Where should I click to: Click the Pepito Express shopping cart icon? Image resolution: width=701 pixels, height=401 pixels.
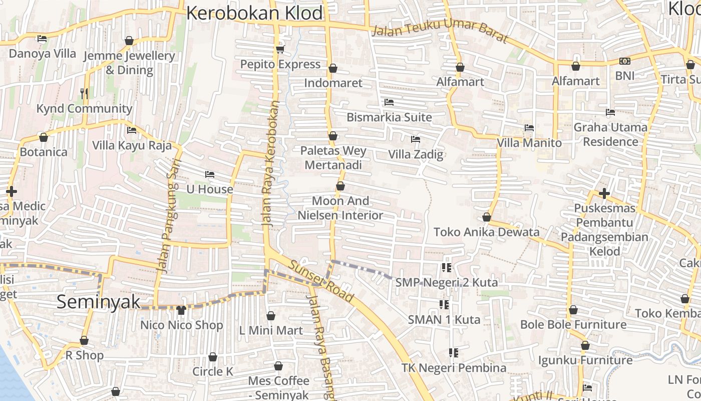(280, 49)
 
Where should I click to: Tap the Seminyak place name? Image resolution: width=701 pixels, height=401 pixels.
(98, 302)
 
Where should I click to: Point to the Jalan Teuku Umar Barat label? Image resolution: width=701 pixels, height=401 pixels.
(440, 34)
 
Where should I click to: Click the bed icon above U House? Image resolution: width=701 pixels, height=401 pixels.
(210, 174)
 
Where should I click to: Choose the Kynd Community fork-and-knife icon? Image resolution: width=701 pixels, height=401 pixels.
(84, 93)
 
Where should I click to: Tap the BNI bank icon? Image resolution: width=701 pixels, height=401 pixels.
(624, 61)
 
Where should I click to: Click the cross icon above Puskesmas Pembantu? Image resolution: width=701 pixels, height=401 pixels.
(604, 193)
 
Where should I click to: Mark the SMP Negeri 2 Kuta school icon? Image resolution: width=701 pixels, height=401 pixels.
(447, 268)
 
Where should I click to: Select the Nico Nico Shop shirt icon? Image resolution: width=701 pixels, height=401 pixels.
(181, 310)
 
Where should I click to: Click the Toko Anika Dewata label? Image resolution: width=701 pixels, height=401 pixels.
(486, 232)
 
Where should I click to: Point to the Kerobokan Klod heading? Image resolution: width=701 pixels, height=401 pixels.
(254, 13)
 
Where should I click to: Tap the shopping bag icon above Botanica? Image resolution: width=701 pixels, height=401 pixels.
(44, 137)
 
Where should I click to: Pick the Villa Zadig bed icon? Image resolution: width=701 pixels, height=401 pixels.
(416, 139)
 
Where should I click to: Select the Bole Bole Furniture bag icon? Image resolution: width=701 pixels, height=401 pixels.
(573, 310)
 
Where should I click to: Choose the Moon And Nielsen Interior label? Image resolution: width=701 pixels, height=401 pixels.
(340, 208)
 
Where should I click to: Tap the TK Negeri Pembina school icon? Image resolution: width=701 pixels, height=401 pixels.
(454, 353)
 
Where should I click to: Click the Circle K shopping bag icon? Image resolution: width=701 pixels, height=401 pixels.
(213, 357)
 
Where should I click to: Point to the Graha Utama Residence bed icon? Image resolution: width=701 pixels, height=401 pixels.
(610, 112)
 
